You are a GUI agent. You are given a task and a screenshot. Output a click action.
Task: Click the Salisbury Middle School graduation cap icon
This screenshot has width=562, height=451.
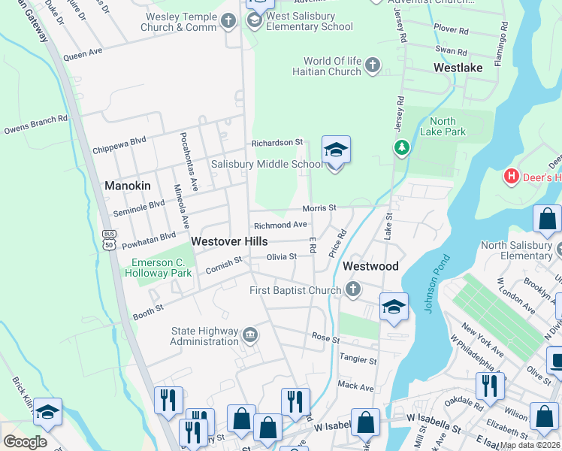point(336,150)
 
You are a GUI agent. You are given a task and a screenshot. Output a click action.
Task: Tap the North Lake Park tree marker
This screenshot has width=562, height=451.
point(403,147)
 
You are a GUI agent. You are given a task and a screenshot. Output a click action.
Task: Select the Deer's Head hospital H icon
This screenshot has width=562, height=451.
point(512,177)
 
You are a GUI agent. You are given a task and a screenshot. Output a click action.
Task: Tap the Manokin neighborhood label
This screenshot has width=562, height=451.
point(128,186)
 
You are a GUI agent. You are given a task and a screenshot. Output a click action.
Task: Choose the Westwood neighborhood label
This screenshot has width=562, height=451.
point(370,267)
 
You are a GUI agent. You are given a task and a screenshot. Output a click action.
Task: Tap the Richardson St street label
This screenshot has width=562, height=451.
point(276,142)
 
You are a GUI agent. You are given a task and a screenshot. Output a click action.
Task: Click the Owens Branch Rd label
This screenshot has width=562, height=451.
point(36,123)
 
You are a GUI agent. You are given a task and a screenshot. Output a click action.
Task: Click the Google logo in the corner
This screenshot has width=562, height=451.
point(25,441)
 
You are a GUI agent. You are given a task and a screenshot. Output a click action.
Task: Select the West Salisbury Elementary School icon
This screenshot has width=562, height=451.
point(255,19)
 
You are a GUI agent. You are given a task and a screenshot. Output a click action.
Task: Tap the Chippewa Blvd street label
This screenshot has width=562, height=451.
point(119,144)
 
